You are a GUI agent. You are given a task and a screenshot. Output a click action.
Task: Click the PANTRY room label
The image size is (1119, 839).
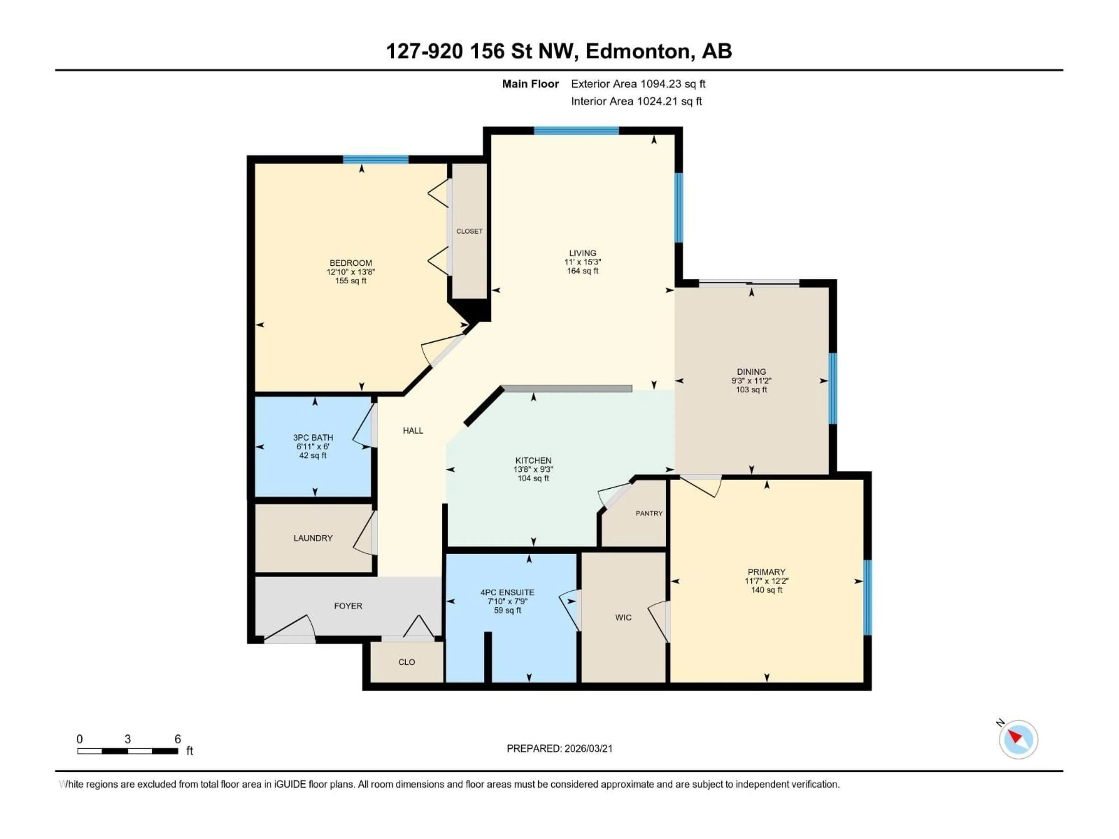649,513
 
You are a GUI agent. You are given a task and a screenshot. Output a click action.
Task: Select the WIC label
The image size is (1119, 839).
623,618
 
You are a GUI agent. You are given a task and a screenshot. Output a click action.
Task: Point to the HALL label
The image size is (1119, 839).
413,430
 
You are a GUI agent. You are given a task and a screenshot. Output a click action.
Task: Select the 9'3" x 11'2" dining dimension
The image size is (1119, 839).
751,381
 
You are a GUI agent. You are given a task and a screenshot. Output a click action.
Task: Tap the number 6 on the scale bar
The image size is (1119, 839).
177,739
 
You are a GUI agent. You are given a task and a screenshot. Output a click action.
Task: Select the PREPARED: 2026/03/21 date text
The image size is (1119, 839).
559,748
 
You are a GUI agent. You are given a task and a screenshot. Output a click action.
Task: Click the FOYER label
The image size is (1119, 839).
348,606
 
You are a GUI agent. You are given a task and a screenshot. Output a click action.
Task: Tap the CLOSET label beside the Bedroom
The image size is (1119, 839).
469,231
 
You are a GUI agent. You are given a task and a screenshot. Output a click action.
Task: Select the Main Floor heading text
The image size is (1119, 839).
530,84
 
